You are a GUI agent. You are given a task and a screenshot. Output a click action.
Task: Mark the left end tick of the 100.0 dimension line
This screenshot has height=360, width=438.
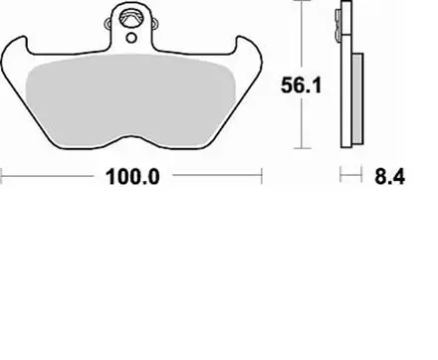3,179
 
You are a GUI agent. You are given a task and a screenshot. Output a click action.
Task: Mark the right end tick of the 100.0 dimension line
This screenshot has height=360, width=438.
261,179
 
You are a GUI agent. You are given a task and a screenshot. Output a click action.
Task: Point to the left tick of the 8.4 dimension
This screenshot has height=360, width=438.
341,179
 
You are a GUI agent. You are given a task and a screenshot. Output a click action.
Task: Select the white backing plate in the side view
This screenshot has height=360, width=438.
345,90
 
